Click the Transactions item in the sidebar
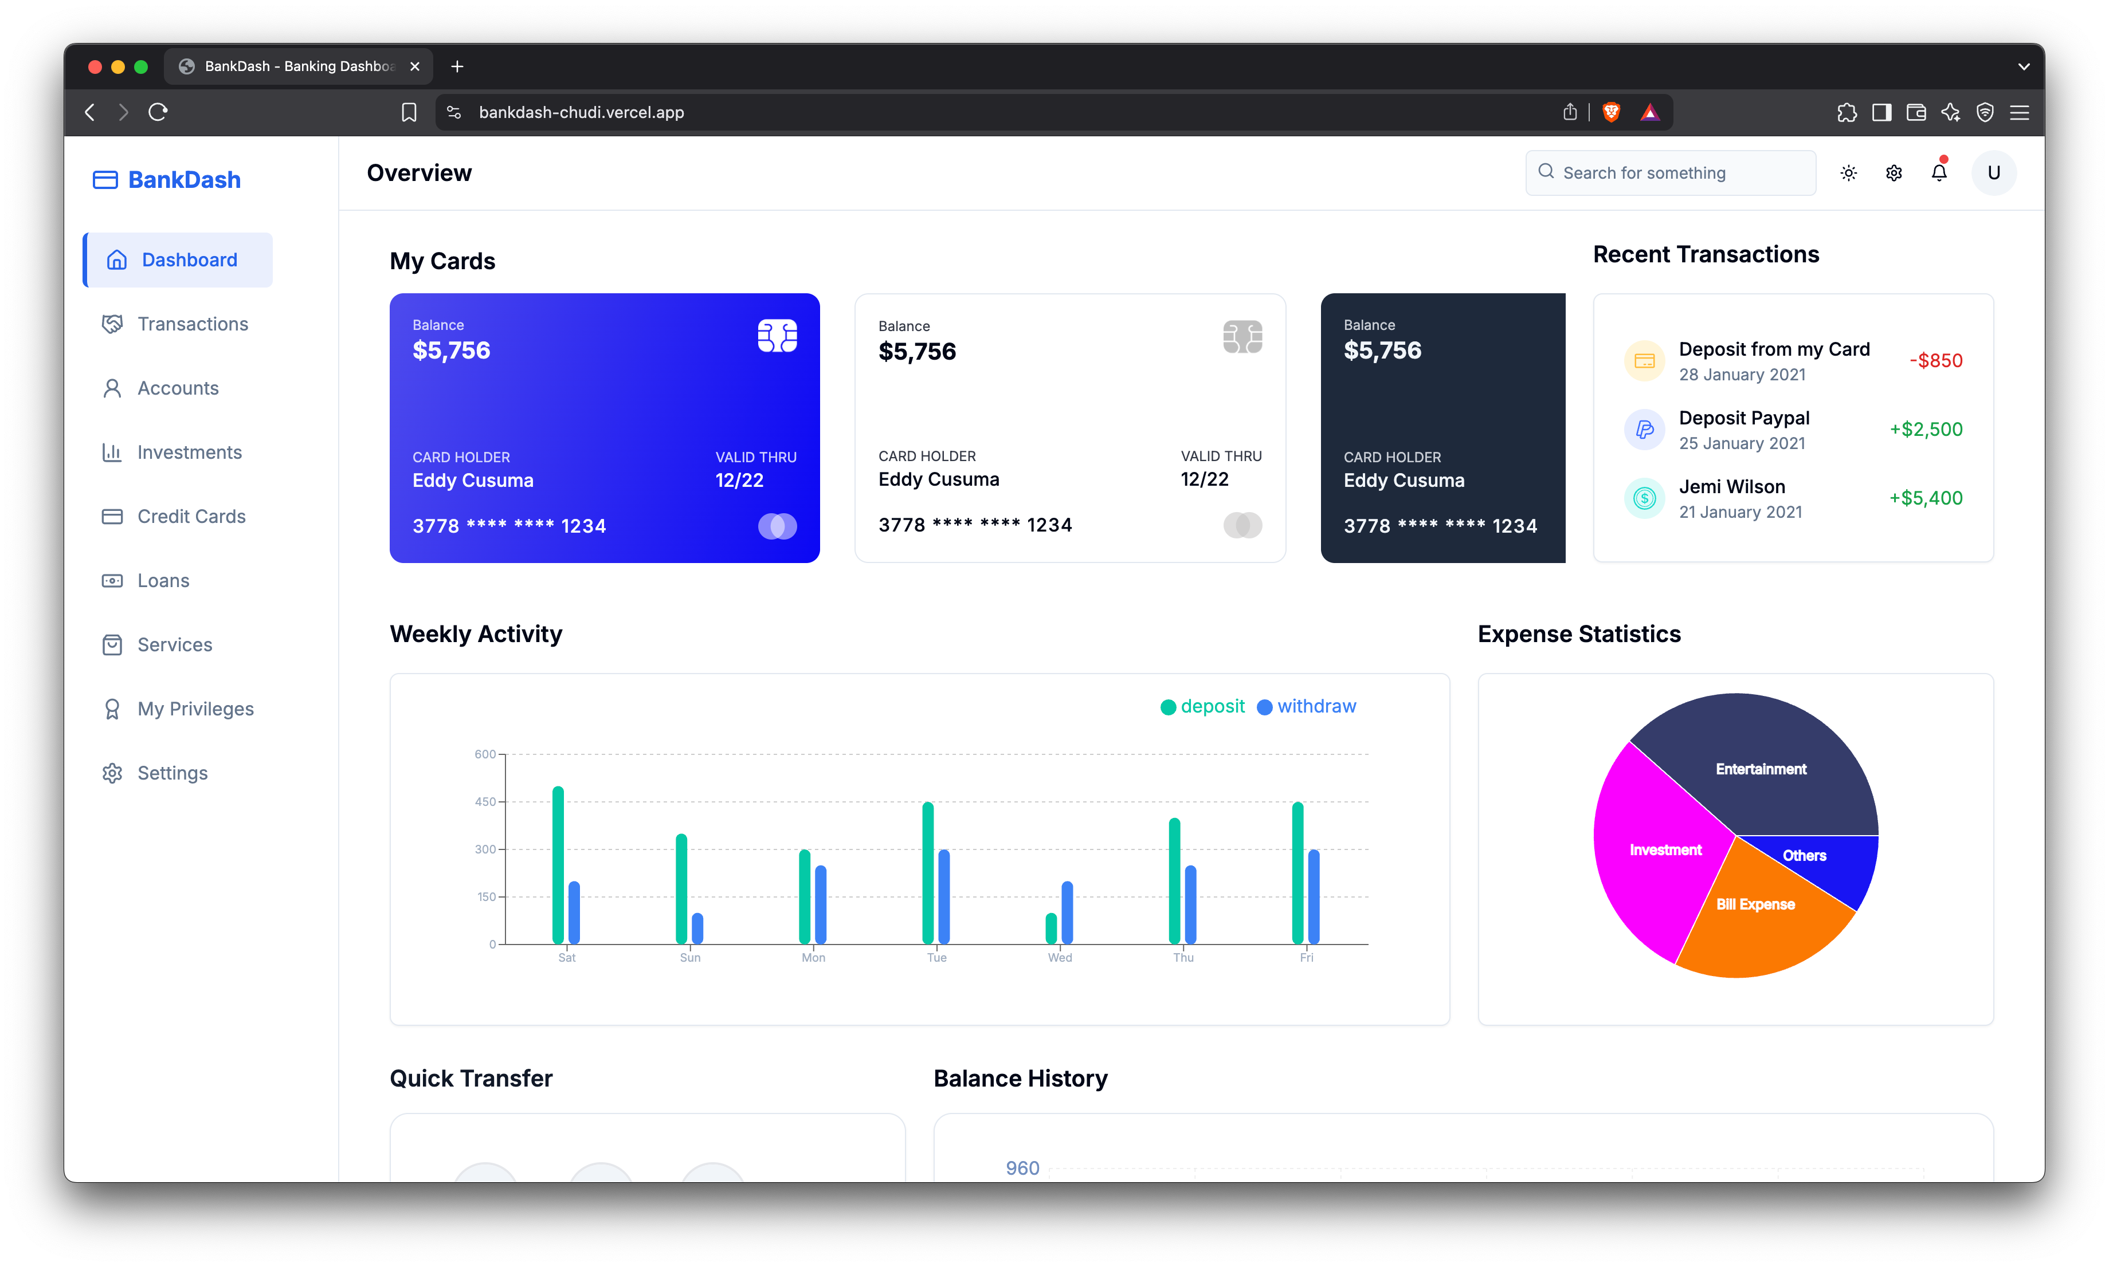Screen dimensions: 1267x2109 (x=192, y=324)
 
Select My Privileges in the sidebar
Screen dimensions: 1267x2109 (x=195, y=709)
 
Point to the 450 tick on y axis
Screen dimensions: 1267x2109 (x=485, y=802)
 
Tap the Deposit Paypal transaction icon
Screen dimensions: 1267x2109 (x=1644, y=430)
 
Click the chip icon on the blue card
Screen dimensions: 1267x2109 (x=777, y=336)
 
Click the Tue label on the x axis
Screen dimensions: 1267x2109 (x=936, y=958)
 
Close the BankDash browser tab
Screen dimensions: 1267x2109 (x=415, y=66)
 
